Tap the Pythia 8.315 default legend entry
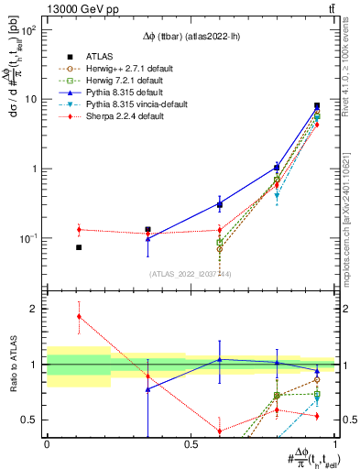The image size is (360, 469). (x=118, y=93)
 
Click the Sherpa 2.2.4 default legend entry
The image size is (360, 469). (x=118, y=117)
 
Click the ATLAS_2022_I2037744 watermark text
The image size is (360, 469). (x=190, y=274)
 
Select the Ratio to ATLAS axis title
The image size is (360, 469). (x=16, y=364)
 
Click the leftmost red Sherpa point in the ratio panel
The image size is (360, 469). (x=79, y=316)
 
